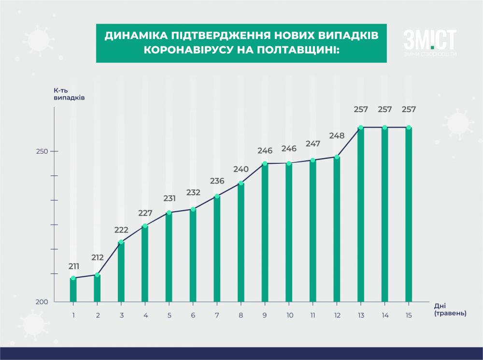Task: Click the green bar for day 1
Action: click(x=73, y=290)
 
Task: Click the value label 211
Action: click(x=73, y=266)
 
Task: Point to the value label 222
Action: click(x=121, y=230)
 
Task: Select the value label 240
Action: click(x=241, y=170)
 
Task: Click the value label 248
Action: click(x=337, y=136)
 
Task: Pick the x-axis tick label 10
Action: click(x=289, y=315)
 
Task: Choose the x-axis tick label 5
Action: click(x=169, y=315)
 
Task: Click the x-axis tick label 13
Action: click(x=360, y=315)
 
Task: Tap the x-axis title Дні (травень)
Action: click(x=450, y=310)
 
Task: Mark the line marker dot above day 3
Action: click(x=121, y=242)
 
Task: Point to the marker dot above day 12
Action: click(x=337, y=157)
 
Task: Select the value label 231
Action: click(x=169, y=199)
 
